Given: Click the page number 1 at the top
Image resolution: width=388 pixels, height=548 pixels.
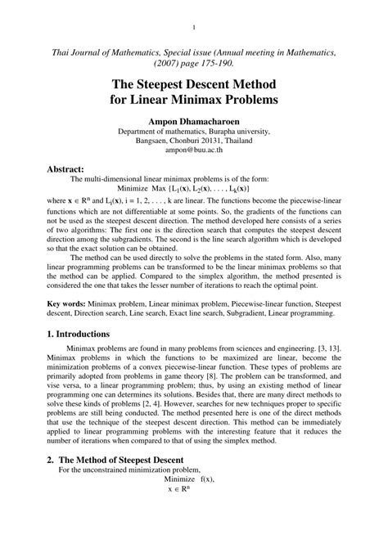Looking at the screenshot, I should pos(194,25).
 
